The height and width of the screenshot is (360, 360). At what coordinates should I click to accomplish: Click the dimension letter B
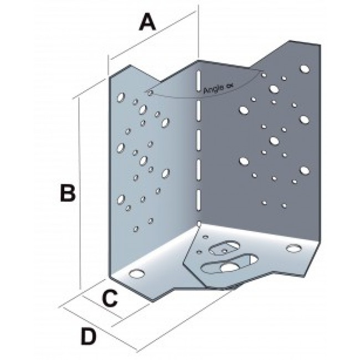coord(68,193)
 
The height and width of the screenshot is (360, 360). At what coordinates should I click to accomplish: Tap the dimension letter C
coord(110,299)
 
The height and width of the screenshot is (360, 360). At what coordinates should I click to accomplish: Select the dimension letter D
coord(89,337)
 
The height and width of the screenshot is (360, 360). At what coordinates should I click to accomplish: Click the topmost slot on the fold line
coord(198,81)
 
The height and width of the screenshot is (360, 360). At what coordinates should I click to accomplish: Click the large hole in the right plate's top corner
coord(305,69)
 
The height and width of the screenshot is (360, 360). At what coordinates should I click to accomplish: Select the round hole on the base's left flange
coord(137,274)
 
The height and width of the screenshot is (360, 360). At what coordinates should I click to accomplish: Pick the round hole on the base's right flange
coord(294,248)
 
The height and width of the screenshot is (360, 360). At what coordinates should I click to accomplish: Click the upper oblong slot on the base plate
coord(224,248)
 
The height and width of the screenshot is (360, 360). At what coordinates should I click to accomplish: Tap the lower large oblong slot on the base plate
coord(230,264)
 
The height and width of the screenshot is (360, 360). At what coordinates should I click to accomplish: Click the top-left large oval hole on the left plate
coord(121,97)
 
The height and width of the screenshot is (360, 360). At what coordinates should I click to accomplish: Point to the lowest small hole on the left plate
coord(136,229)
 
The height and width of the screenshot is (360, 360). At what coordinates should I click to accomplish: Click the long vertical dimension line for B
coord(79,193)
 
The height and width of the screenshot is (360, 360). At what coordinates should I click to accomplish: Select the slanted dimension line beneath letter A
coord(153,35)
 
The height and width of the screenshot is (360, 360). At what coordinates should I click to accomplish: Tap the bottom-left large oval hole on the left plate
coord(121,199)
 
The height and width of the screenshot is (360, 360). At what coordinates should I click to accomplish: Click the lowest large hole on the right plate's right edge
coord(305,171)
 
